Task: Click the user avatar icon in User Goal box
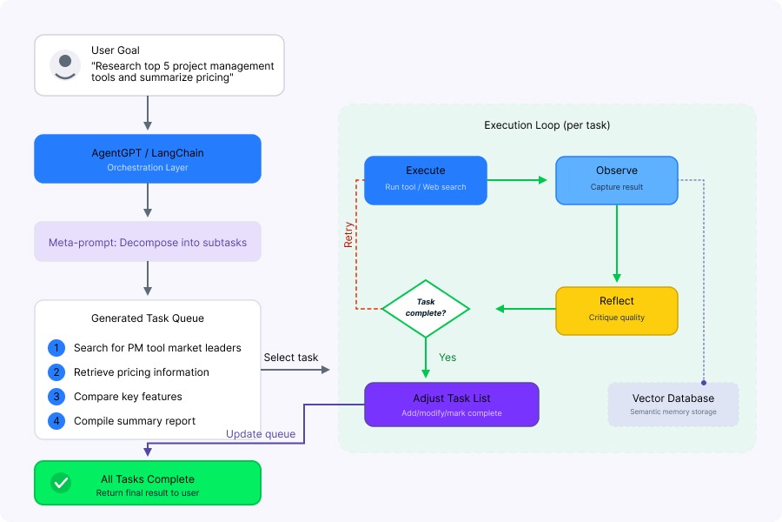pos(65,65)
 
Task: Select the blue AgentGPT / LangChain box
pos(148,158)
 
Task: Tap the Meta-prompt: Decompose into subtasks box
pos(148,243)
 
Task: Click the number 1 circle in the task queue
pos(56,348)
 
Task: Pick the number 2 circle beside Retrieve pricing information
pos(56,372)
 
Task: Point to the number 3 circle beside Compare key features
pos(56,397)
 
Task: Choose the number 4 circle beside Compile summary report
pos(56,421)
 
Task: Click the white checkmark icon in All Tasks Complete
pos(61,483)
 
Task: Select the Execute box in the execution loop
pos(426,180)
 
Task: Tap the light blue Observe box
pos(617,180)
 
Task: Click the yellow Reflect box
pos(617,310)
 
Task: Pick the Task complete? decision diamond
pos(426,308)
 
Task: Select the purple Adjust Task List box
pos(452,405)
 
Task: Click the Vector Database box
pos(673,405)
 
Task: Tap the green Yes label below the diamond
pos(447,358)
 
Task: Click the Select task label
pos(290,358)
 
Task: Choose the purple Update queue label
pos(261,434)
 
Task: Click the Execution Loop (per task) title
pos(547,125)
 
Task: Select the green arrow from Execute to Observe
pos(518,180)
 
